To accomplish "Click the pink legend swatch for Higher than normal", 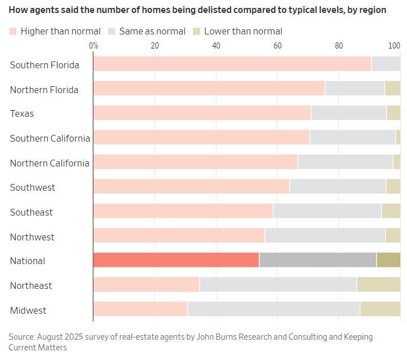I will click(x=13, y=32).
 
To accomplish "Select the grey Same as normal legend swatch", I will click(x=112, y=32).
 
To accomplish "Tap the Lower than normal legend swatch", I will click(x=196, y=32).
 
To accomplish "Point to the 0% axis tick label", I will click(x=94, y=45).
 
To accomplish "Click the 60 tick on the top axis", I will click(x=277, y=45).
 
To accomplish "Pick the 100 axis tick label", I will click(x=395, y=45).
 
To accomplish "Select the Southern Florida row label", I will click(x=45, y=65).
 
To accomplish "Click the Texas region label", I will click(x=22, y=114).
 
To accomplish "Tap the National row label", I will click(x=28, y=261).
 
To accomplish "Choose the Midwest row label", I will click(x=28, y=310).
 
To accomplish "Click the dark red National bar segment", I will click(x=176, y=260).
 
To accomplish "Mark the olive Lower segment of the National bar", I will click(x=388, y=260).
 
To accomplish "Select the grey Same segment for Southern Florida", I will click(x=386, y=64).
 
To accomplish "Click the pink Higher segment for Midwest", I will click(x=140, y=309).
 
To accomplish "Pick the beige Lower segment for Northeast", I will click(x=378, y=284).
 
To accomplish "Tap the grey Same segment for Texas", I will click(x=349, y=113).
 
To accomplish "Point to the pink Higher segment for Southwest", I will click(x=191, y=187).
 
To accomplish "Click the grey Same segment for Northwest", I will click(x=325, y=235).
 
